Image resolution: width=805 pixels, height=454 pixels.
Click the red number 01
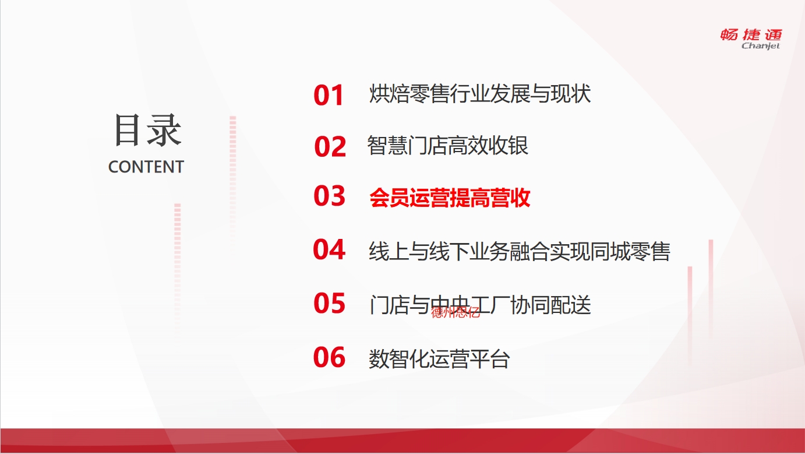(x=329, y=95)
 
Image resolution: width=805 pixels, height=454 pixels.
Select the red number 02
(x=330, y=146)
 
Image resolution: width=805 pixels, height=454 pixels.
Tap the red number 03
(x=329, y=196)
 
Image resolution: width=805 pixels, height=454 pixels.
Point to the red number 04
(x=329, y=249)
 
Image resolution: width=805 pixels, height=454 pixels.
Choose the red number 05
(x=329, y=303)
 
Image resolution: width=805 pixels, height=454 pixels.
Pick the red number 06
(x=329, y=357)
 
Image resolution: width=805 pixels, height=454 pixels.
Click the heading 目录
(x=148, y=130)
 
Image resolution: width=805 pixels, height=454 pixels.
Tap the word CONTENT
(x=146, y=167)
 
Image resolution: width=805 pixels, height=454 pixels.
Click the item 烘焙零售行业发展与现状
(x=480, y=94)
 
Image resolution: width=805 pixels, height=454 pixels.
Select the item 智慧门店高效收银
(x=448, y=146)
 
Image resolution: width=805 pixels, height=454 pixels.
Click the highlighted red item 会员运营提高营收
(x=450, y=198)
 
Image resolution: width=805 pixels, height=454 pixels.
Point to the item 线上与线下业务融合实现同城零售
(x=520, y=251)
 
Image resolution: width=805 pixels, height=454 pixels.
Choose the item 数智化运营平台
(x=439, y=359)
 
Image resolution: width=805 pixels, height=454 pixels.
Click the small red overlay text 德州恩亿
(x=456, y=312)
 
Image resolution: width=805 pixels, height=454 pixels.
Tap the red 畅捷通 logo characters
(x=751, y=34)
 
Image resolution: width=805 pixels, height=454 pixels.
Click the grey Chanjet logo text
(x=761, y=45)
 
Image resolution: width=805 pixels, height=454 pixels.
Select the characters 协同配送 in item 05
(x=551, y=305)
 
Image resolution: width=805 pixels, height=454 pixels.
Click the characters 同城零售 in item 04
(x=630, y=251)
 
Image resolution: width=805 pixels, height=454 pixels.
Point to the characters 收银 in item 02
(x=509, y=146)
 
